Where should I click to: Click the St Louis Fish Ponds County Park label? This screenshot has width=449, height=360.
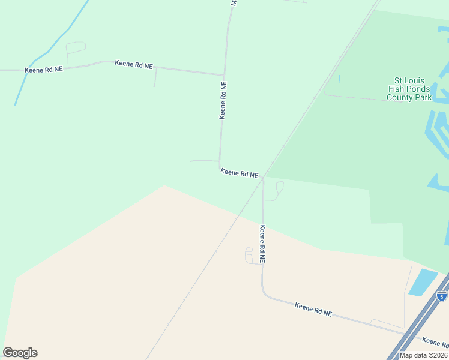tap(409, 88)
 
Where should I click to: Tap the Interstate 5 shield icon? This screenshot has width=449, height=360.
tap(441, 296)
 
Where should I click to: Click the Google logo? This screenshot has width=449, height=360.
tap(20, 353)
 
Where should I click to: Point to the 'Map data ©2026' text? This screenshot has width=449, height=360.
tap(423, 355)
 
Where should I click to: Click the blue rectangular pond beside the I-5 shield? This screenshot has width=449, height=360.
tap(423, 281)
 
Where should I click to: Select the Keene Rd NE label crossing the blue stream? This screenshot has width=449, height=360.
tap(43, 70)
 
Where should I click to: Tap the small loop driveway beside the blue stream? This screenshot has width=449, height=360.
tap(76, 47)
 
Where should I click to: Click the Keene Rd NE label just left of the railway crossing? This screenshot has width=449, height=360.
tap(239, 173)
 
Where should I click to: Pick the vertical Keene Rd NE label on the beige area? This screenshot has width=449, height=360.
tap(262, 243)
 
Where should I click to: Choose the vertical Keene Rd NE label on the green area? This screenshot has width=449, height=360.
tap(223, 100)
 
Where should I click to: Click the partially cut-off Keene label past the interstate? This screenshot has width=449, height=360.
tap(435, 342)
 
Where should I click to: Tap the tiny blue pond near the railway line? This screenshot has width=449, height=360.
tap(339, 79)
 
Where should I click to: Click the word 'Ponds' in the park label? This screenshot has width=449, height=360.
tap(418, 89)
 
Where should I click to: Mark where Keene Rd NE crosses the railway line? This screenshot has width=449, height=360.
tap(262, 178)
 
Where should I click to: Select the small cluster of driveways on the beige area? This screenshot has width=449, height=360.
tap(252, 256)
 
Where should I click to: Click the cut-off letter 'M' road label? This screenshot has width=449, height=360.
tap(234, 3)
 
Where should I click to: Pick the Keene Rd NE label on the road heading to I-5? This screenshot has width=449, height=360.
tap(313, 310)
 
